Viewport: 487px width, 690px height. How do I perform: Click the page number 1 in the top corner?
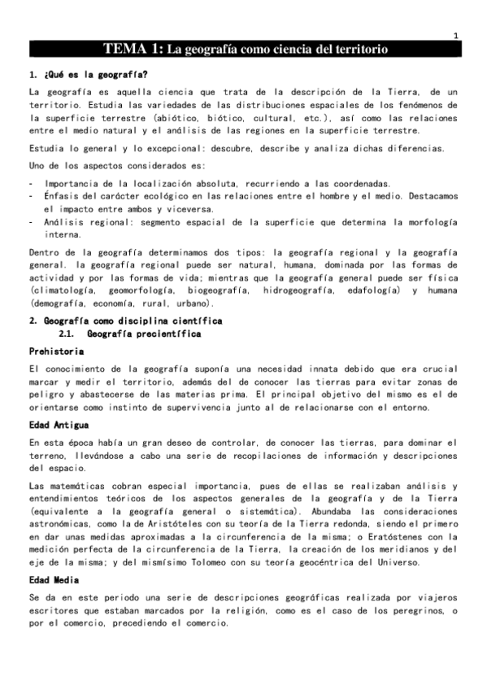(456, 35)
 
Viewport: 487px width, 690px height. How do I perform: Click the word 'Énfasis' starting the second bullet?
(63, 196)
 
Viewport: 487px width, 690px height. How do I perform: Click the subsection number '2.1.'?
(73, 334)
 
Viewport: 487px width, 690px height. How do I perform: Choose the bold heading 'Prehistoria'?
(55, 351)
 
